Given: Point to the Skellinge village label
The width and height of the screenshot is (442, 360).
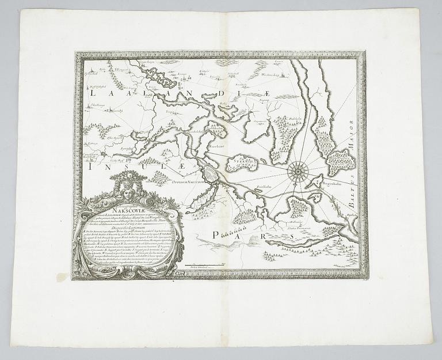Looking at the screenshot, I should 97,106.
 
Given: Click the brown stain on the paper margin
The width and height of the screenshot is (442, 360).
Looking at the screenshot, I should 61,277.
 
